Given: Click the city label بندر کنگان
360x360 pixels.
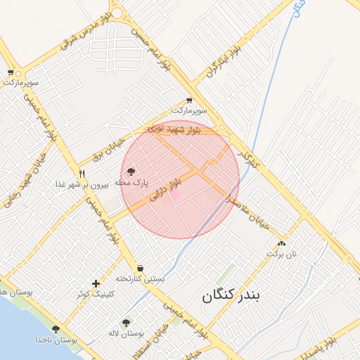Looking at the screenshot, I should point(231,295).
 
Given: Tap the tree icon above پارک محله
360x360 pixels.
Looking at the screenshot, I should point(131,170).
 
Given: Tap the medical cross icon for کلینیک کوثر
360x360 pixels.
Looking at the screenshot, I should point(96,283).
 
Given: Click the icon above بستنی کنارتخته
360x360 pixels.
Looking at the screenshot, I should point(141,268).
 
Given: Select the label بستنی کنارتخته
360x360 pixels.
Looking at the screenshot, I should point(141,278).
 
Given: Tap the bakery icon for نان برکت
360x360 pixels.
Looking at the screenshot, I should point(281,243).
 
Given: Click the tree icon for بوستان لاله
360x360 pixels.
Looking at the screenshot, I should point(126,323).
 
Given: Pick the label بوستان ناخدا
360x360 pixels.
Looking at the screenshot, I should point(56,340).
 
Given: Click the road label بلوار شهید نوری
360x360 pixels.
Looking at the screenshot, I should point(174,129).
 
